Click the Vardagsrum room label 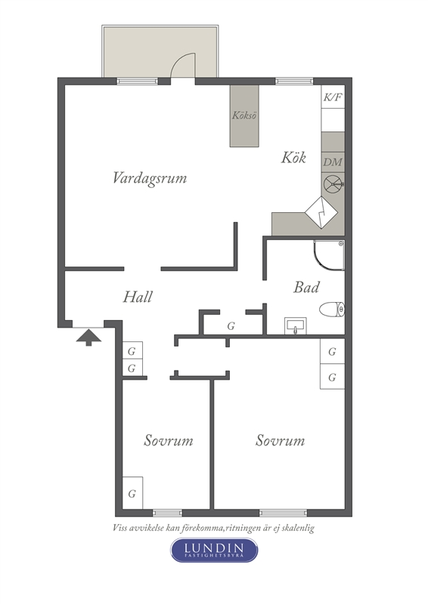[x=150, y=178]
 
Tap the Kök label [x=293, y=158]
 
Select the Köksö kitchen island [x=244, y=116]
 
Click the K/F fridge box [x=333, y=97]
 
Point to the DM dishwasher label [x=333, y=162]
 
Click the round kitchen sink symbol [x=333, y=183]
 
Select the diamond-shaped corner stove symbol [x=321, y=212]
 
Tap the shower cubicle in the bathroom [x=329, y=255]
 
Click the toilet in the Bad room [x=332, y=310]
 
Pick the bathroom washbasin [x=295, y=325]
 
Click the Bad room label [x=306, y=288]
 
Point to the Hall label [x=138, y=297]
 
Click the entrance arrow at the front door [x=88, y=337]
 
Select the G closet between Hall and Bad [x=231, y=326]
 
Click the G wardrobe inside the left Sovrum [x=132, y=493]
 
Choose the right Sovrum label [x=280, y=440]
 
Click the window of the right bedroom [x=283, y=513]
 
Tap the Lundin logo [x=214, y=550]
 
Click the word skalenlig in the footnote [x=297, y=528]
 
